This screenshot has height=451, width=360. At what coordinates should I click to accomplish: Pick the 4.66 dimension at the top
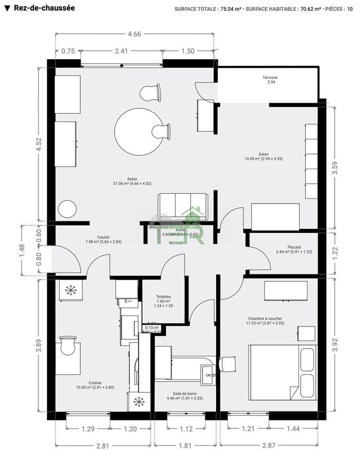[134, 34]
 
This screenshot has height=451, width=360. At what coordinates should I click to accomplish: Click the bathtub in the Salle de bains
[183, 366]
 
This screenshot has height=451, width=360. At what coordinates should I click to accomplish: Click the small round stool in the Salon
[68, 209]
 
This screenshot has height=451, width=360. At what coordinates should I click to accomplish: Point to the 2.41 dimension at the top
[121, 51]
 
